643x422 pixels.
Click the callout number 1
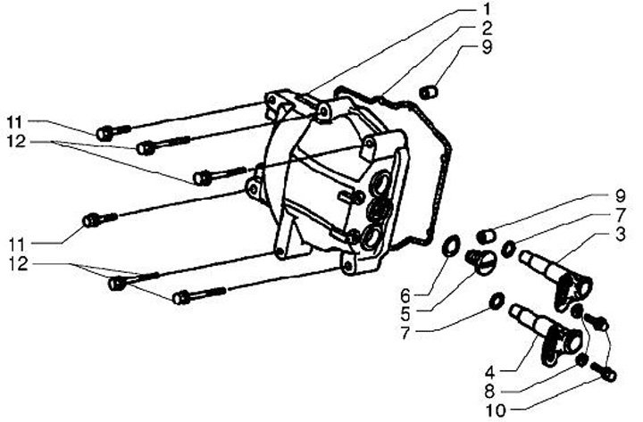(487, 9)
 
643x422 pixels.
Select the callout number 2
(487, 29)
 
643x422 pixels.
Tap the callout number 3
(620, 235)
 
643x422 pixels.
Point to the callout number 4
(489, 373)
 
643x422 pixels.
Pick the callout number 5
(405, 315)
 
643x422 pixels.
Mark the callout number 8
(489, 392)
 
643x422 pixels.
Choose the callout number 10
(496, 411)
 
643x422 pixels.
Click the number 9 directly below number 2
(487, 47)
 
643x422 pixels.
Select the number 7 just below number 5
(405, 334)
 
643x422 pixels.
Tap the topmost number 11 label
(16, 122)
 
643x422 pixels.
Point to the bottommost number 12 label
(18, 263)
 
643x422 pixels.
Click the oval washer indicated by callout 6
(452, 246)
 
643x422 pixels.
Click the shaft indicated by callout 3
(556, 278)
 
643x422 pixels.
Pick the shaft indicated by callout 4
(546, 333)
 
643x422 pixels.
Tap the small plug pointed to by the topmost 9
(430, 92)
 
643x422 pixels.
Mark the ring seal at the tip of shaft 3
(509, 248)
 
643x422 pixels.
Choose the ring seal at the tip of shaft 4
(497, 301)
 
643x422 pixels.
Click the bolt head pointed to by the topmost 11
(104, 134)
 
